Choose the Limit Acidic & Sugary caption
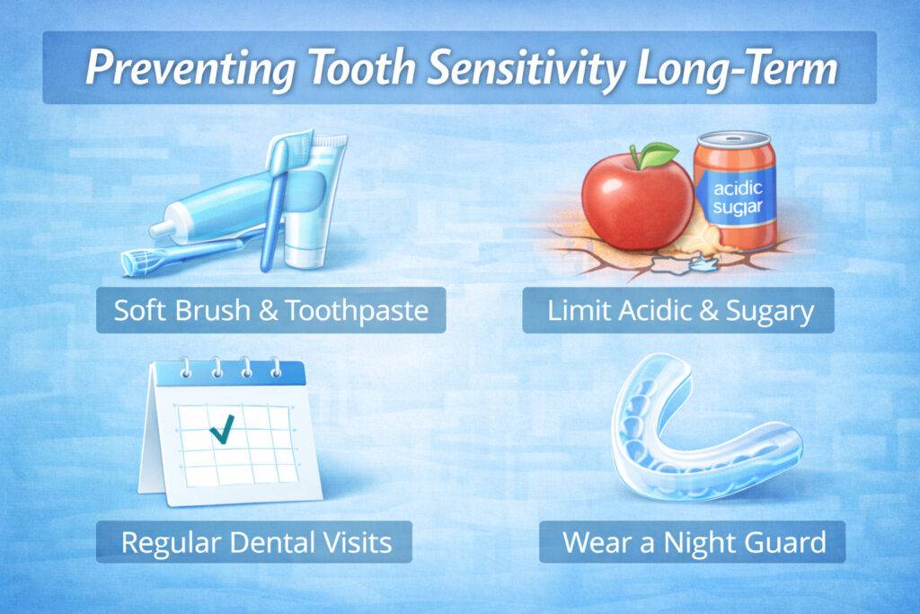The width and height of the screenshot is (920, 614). pos(678,311)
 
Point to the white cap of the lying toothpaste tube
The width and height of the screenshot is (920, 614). pos(164,229)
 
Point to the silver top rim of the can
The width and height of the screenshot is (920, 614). pos(735,140)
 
